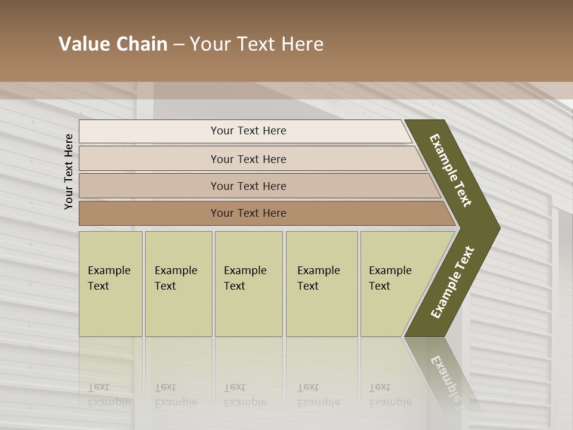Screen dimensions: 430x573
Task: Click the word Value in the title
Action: point(82,44)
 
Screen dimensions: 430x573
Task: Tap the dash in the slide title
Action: point(178,45)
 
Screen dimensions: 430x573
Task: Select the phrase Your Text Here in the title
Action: point(257,44)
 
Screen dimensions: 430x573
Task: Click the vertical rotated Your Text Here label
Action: point(69,171)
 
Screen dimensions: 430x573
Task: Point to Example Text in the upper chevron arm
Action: point(451,170)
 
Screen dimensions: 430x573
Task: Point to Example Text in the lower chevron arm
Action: point(452,282)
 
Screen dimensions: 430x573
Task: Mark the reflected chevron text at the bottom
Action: point(445,376)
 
